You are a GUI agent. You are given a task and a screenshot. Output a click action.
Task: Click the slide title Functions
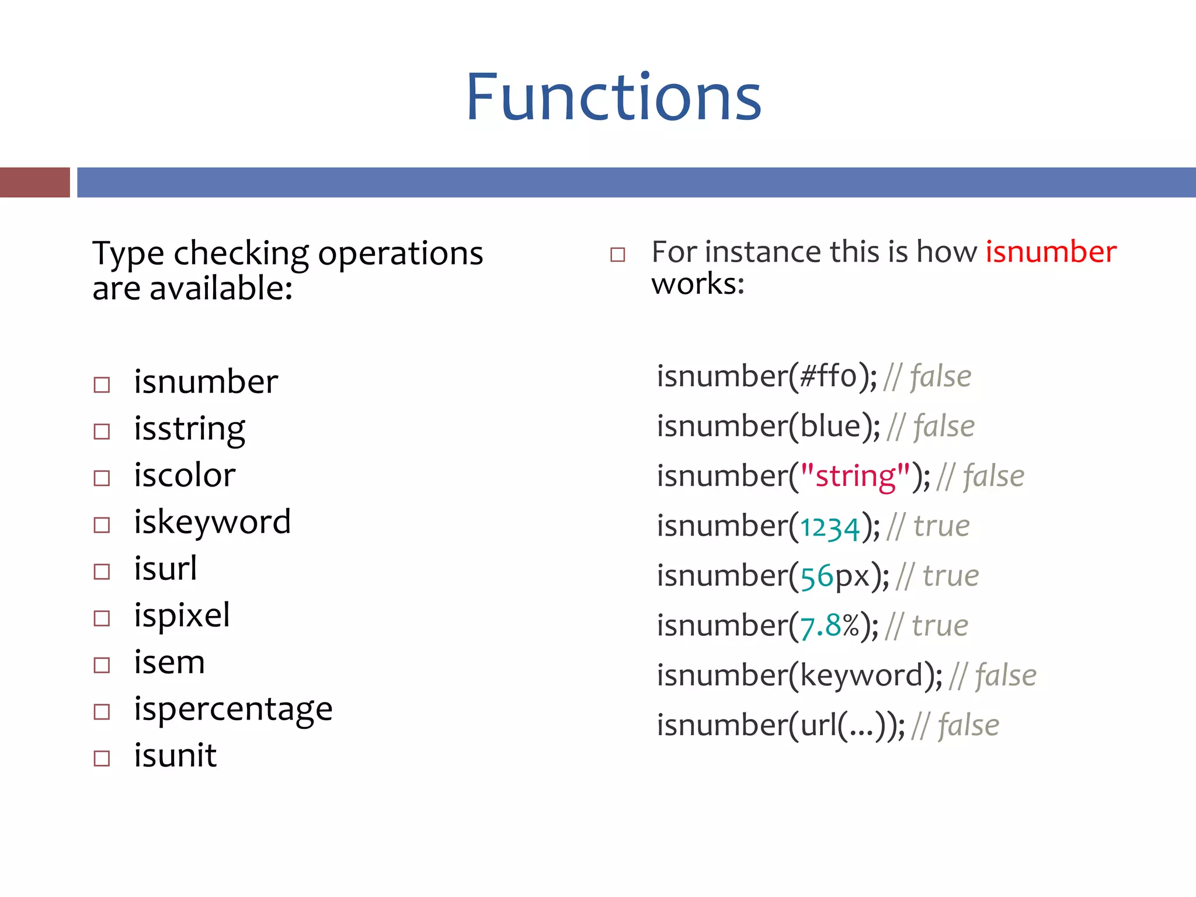tap(613, 98)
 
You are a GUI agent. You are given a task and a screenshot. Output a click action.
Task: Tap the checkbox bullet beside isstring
tap(102, 432)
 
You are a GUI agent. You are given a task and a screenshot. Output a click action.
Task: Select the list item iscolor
tap(185, 475)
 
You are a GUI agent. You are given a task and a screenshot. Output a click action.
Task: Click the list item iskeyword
tap(212, 522)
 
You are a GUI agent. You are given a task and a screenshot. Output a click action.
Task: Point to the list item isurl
tap(165, 569)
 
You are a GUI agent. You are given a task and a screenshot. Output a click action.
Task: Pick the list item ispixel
tap(182, 616)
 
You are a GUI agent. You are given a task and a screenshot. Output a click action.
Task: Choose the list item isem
tap(169, 662)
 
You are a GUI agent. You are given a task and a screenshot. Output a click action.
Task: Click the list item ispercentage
tap(233, 709)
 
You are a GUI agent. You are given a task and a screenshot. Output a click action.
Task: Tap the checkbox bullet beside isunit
tap(102, 759)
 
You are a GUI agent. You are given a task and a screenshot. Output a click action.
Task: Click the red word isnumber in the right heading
tap(1051, 252)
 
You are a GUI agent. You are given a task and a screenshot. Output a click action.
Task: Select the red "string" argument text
tap(855, 476)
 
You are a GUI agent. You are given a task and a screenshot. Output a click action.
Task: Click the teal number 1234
tap(830, 527)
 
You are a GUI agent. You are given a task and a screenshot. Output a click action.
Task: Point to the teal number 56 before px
tap(816, 577)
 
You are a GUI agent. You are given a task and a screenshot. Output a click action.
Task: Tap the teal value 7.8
tap(820, 627)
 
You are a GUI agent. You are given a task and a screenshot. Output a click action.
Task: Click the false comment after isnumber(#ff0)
tap(940, 377)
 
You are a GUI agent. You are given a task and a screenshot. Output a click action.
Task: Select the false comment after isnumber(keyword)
tap(1005, 676)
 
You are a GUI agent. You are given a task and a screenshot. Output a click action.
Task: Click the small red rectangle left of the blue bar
tap(35, 182)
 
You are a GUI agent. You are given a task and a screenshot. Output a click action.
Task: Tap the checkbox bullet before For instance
tap(617, 255)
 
